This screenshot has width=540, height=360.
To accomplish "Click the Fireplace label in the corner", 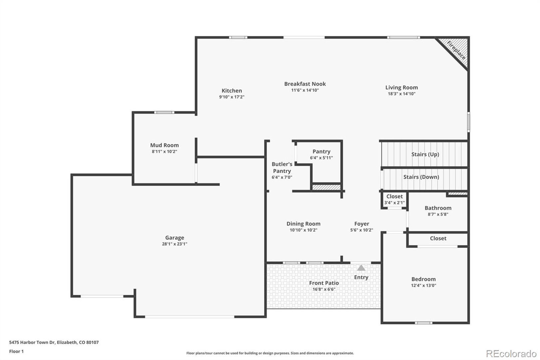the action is [x=456, y=50].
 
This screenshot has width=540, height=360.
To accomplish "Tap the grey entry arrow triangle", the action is [x=361, y=268].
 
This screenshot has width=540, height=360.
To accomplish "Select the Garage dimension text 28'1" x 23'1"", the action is [x=175, y=244].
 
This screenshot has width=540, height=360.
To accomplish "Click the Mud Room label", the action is [x=165, y=145].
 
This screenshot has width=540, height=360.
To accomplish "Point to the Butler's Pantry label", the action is [x=282, y=167].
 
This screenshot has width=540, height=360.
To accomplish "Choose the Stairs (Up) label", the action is [x=425, y=154].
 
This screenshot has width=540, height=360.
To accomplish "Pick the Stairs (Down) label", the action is [x=421, y=177].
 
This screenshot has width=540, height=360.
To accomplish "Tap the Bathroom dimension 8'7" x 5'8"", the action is [x=438, y=214].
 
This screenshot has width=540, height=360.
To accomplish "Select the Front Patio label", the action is [x=324, y=283].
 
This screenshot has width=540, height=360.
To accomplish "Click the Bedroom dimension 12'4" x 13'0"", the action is [x=423, y=285].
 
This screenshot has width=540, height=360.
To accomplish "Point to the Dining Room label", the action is [x=303, y=224].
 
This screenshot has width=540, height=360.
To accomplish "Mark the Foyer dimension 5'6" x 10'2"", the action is [x=361, y=230].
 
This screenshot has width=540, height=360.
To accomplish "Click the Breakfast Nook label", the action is [x=305, y=84].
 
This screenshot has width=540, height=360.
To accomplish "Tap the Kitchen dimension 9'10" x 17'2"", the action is [x=232, y=97].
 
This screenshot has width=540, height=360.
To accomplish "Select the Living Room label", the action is [x=401, y=88].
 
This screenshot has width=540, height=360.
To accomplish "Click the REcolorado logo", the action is [x=511, y=354].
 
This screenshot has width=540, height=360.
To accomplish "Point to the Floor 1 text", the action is [x=16, y=351].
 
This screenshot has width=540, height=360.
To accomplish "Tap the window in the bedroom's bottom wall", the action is [x=423, y=323].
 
